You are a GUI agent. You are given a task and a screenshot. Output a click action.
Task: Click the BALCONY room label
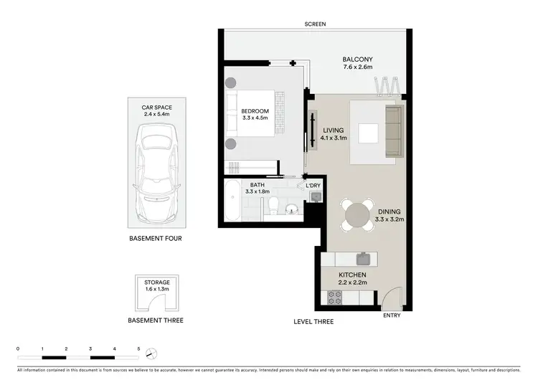coord(357,60)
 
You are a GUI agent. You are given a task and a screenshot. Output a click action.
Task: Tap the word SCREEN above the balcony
coord(315,24)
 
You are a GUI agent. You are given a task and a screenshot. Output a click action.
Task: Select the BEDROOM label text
coord(255,110)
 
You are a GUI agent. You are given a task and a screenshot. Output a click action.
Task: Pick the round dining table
coord(357,214)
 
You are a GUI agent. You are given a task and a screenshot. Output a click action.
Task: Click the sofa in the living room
coord(394,131)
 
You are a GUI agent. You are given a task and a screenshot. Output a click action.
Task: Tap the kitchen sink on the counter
coord(364,257)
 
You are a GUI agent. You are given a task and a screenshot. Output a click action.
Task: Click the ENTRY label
coord(392,315)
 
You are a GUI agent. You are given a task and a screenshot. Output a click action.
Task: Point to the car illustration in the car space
coord(155,172)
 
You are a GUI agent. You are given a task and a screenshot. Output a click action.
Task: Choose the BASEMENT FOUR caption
coord(155,237)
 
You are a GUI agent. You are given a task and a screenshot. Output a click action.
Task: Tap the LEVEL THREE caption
coord(313,322)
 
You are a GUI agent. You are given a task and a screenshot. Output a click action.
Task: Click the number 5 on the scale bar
coord(138,348)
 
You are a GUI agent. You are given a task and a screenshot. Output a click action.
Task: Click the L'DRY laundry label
coord(313,186)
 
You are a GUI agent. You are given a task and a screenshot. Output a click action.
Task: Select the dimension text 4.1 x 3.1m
coord(334,138)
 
